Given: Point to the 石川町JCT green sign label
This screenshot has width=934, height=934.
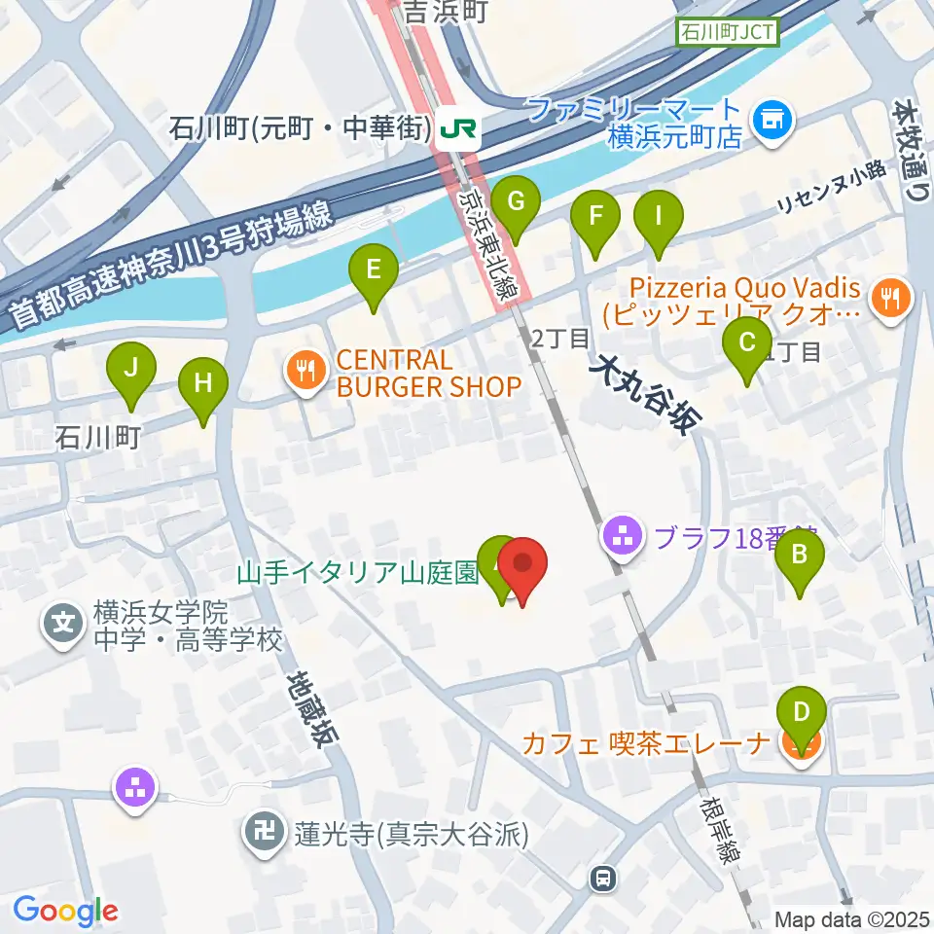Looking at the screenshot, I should coord(728,32).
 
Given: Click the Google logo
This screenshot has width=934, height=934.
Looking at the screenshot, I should coord(65,911).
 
